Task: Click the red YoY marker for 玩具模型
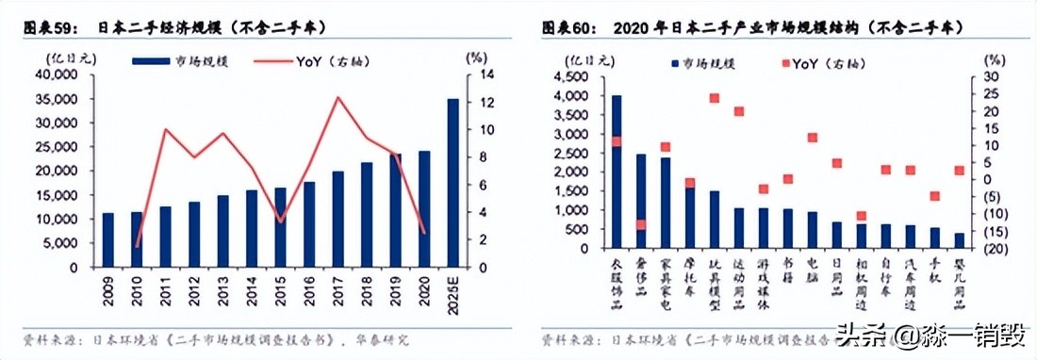coord(715,98)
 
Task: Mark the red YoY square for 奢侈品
coord(641,224)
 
